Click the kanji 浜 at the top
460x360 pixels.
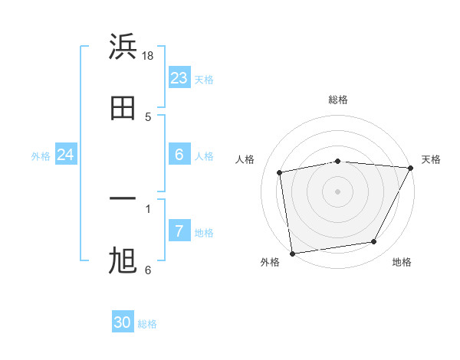click(123, 46)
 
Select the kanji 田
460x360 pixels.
click(123, 108)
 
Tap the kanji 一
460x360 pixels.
click(123, 200)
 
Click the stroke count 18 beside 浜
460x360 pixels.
click(148, 56)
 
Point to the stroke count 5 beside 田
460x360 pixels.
click(148, 117)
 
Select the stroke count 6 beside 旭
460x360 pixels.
click(148, 270)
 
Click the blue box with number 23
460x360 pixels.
click(179, 78)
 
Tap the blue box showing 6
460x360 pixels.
click(179, 155)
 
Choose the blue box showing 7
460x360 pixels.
click(179, 231)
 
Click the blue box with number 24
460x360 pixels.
click(66, 155)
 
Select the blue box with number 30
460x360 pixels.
click(123, 323)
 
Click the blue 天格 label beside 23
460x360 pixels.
click(204, 80)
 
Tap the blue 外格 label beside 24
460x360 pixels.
click(41, 156)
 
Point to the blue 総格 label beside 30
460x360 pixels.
click(147, 325)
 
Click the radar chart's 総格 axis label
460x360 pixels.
click(338, 100)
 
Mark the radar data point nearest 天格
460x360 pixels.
click(412, 169)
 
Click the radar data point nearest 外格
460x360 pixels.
click(292, 253)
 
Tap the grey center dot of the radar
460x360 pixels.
click(338, 191)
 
